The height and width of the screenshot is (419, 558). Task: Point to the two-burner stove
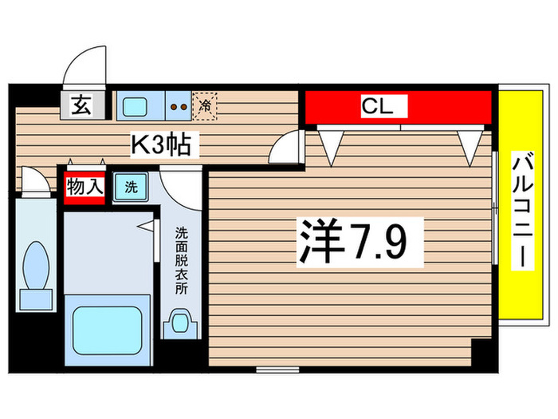coord(179,105)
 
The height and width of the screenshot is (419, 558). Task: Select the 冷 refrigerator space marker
coord(205,105)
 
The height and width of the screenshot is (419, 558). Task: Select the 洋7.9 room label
coord(358,240)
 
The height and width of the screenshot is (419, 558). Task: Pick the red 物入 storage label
coord(84,188)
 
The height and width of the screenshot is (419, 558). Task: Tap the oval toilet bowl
coord(35,263)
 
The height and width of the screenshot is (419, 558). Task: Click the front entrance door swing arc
coord(84,64)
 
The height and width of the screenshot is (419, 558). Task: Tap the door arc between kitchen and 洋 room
coord(284,148)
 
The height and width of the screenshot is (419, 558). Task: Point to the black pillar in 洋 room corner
coord(481,351)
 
